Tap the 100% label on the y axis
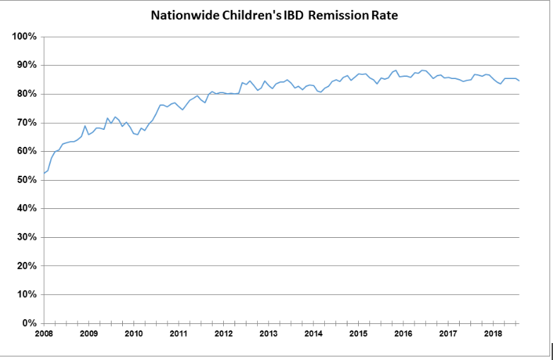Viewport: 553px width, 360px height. tap(24, 37)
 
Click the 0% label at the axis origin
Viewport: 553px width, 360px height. tap(29, 323)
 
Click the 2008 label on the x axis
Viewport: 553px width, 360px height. tap(44, 334)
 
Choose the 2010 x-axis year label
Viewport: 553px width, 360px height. tap(133, 334)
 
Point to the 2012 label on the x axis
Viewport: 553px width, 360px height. tap(223, 334)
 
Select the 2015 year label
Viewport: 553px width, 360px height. tap(358, 334)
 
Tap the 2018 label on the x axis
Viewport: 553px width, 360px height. tap(493, 334)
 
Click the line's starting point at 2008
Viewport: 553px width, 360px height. tap(44, 173)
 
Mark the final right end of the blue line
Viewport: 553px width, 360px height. tap(520, 80)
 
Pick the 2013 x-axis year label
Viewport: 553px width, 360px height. tap(268, 334)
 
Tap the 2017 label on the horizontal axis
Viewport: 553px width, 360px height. tap(448, 334)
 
